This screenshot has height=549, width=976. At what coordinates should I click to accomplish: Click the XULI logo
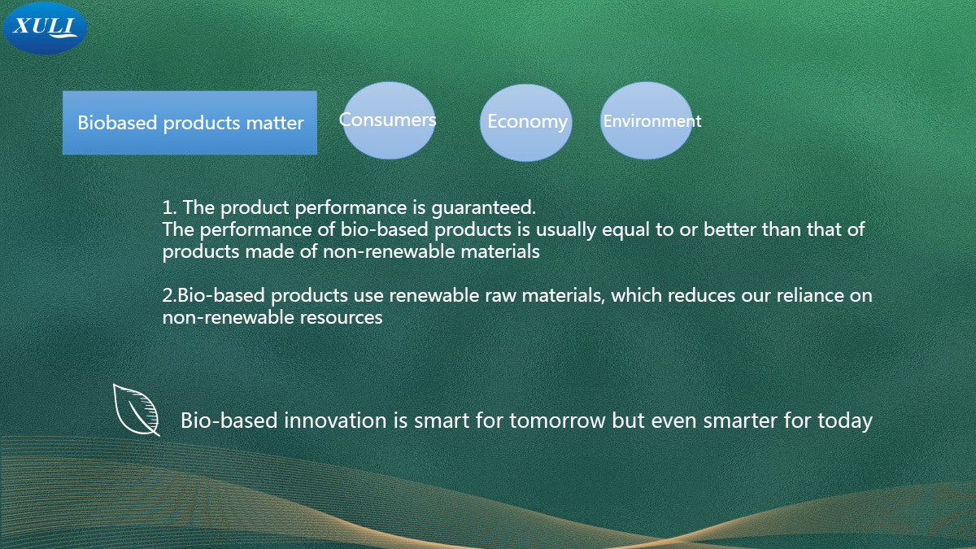click(x=45, y=28)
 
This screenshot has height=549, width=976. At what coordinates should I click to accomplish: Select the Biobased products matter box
click(x=190, y=123)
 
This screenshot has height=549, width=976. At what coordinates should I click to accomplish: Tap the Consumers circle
click(x=389, y=120)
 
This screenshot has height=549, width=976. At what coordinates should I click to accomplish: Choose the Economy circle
click(x=526, y=123)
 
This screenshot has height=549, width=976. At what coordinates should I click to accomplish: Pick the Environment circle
click(x=646, y=120)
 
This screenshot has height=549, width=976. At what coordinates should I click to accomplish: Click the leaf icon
click(x=137, y=410)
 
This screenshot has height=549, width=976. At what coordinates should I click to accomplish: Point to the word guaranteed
click(x=483, y=208)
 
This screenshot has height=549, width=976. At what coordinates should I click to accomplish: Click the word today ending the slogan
click(x=845, y=421)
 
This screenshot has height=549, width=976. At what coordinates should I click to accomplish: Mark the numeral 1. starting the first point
click(x=169, y=208)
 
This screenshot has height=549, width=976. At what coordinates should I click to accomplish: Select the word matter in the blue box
click(x=275, y=124)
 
